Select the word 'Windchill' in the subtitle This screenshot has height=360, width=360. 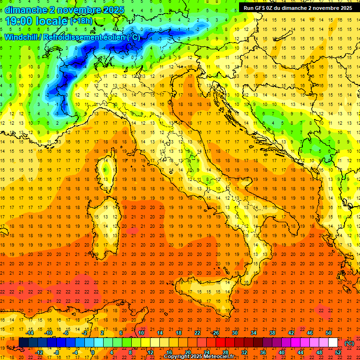[x=22, y=37]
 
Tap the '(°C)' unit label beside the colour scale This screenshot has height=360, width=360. [x=349, y=343]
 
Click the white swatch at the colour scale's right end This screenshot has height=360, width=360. [x=333, y=343]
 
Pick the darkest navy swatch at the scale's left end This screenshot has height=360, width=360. [x=23, y=343]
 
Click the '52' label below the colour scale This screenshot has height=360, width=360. [x=338, y=352]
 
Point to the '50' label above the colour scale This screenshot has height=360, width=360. [x=329, y=333]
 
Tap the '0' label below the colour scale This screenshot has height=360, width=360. [x=93, y=352]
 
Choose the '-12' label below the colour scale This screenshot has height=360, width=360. [x=39, y=352]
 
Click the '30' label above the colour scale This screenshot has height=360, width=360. [x=234, y=333]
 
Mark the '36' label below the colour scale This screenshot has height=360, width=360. [x=263, y=352]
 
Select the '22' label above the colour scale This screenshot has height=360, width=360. [x=197, y=333]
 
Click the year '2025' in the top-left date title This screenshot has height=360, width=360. [x=112, y=10]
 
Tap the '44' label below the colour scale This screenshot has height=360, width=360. [x=300, y=352]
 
